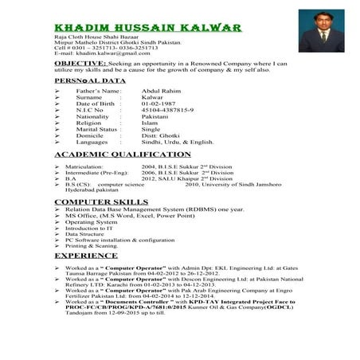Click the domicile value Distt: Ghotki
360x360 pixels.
tap(164, 136)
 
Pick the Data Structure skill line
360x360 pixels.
tap(84, 234)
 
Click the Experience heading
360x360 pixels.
tap(85, 256)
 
